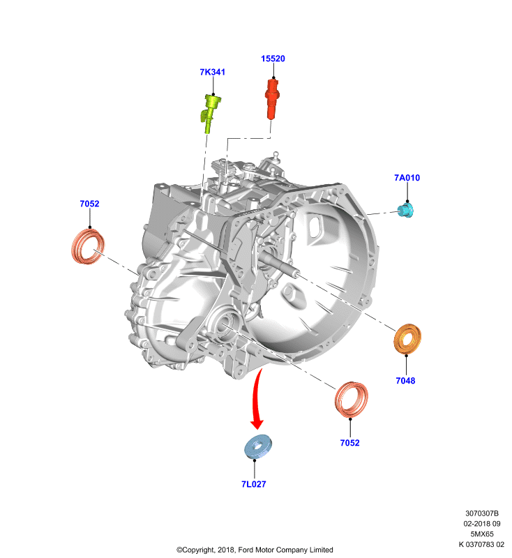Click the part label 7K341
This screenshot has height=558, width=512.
(213, 72)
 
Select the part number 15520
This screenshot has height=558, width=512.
(273, 59)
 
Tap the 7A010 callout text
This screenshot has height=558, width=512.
(407, 178)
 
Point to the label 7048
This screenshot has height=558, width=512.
(405, 381)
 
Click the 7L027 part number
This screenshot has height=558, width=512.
(254, 484)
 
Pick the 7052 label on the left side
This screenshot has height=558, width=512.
(90, 204)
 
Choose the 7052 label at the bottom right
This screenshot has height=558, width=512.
(349, 443)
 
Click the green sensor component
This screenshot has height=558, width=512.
(211, 113)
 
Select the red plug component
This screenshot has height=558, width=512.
(272, 99)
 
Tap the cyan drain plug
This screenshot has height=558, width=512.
(406, 210)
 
